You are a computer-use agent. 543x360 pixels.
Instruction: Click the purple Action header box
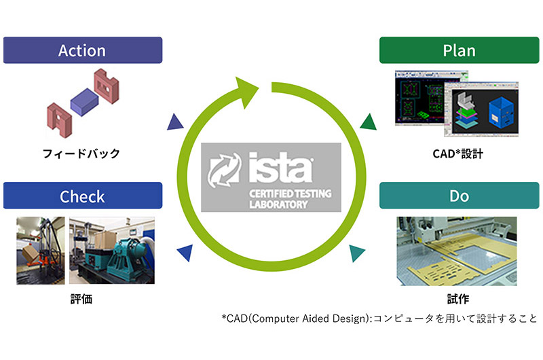(82, 50)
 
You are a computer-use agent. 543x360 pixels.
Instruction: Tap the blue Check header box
(82, 196)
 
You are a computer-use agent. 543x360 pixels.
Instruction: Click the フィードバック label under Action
(81, 154)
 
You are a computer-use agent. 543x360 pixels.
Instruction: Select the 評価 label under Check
(81, 298)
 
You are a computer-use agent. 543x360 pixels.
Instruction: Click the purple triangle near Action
(175, 122)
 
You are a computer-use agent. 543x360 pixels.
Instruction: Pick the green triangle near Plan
(368, 122)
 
